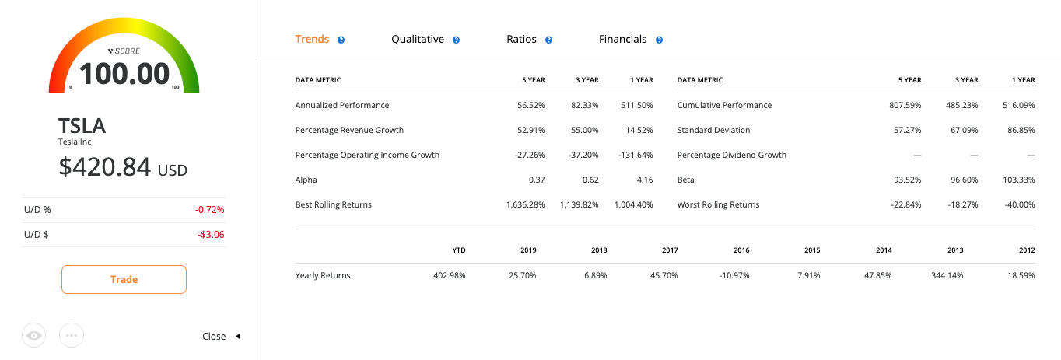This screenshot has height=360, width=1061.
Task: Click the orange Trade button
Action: pos(124,279)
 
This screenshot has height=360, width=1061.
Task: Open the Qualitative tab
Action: pos(418,40)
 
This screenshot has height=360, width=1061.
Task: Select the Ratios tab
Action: pos(521,40)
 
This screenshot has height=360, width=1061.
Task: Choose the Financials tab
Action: pos(622,40)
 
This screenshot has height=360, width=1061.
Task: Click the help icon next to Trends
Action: pos(341,40)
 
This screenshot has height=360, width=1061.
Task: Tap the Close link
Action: pos(214,337)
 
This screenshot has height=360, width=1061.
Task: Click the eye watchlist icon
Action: pos(33,335)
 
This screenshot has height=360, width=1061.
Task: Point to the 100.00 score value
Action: pos(124,74)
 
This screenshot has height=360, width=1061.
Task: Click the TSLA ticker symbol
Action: pos(82,126)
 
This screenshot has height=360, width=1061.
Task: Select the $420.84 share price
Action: pos(105,167)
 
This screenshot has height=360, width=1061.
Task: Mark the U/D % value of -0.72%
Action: pos(210,210)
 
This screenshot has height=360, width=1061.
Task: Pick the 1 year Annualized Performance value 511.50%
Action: pos(636,105)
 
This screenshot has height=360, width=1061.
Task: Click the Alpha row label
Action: pos(306,180)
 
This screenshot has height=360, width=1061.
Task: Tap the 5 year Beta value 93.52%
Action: pos(907,180)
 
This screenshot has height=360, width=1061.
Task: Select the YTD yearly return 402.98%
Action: pos(449,276)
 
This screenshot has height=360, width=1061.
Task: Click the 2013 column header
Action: pos(955,250)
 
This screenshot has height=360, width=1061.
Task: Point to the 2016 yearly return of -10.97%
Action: pos(734,276)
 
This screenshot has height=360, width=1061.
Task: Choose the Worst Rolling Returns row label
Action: pos(718,204)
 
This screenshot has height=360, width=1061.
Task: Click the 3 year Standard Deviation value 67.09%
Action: pos(964,131)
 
